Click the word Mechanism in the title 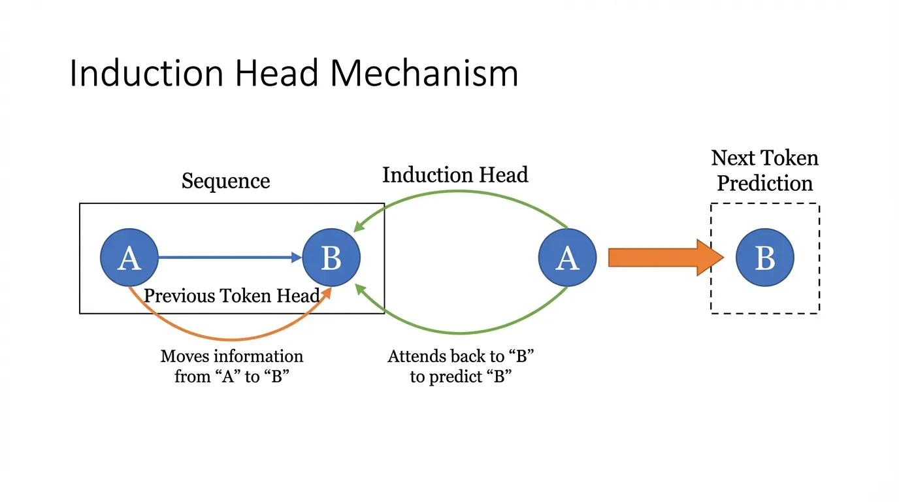[424, 73]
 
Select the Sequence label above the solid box [225, 181]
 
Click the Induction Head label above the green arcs [455, 175]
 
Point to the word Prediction [764, 184]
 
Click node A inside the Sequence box [129, 258]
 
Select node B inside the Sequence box [331, 258]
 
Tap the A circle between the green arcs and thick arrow [567, 258]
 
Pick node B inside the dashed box [764, 258]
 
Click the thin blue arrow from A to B [229, 258]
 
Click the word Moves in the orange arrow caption [183, 357]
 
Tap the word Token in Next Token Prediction [793, 158]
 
